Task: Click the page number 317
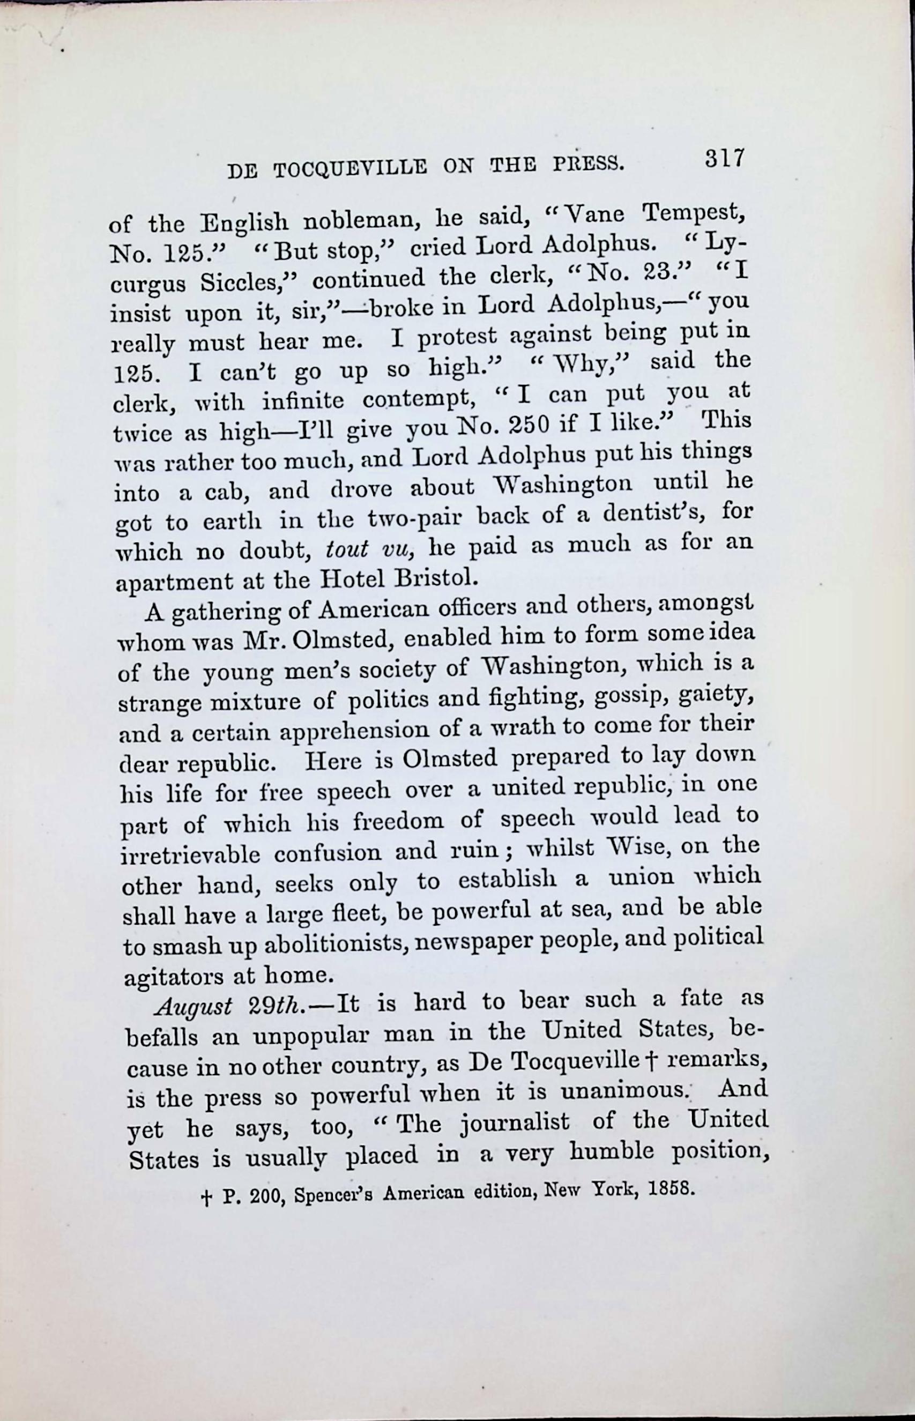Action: [x=724, y=159]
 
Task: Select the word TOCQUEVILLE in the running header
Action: [x=349, y=169]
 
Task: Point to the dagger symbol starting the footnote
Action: [x=206, y=1199]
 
